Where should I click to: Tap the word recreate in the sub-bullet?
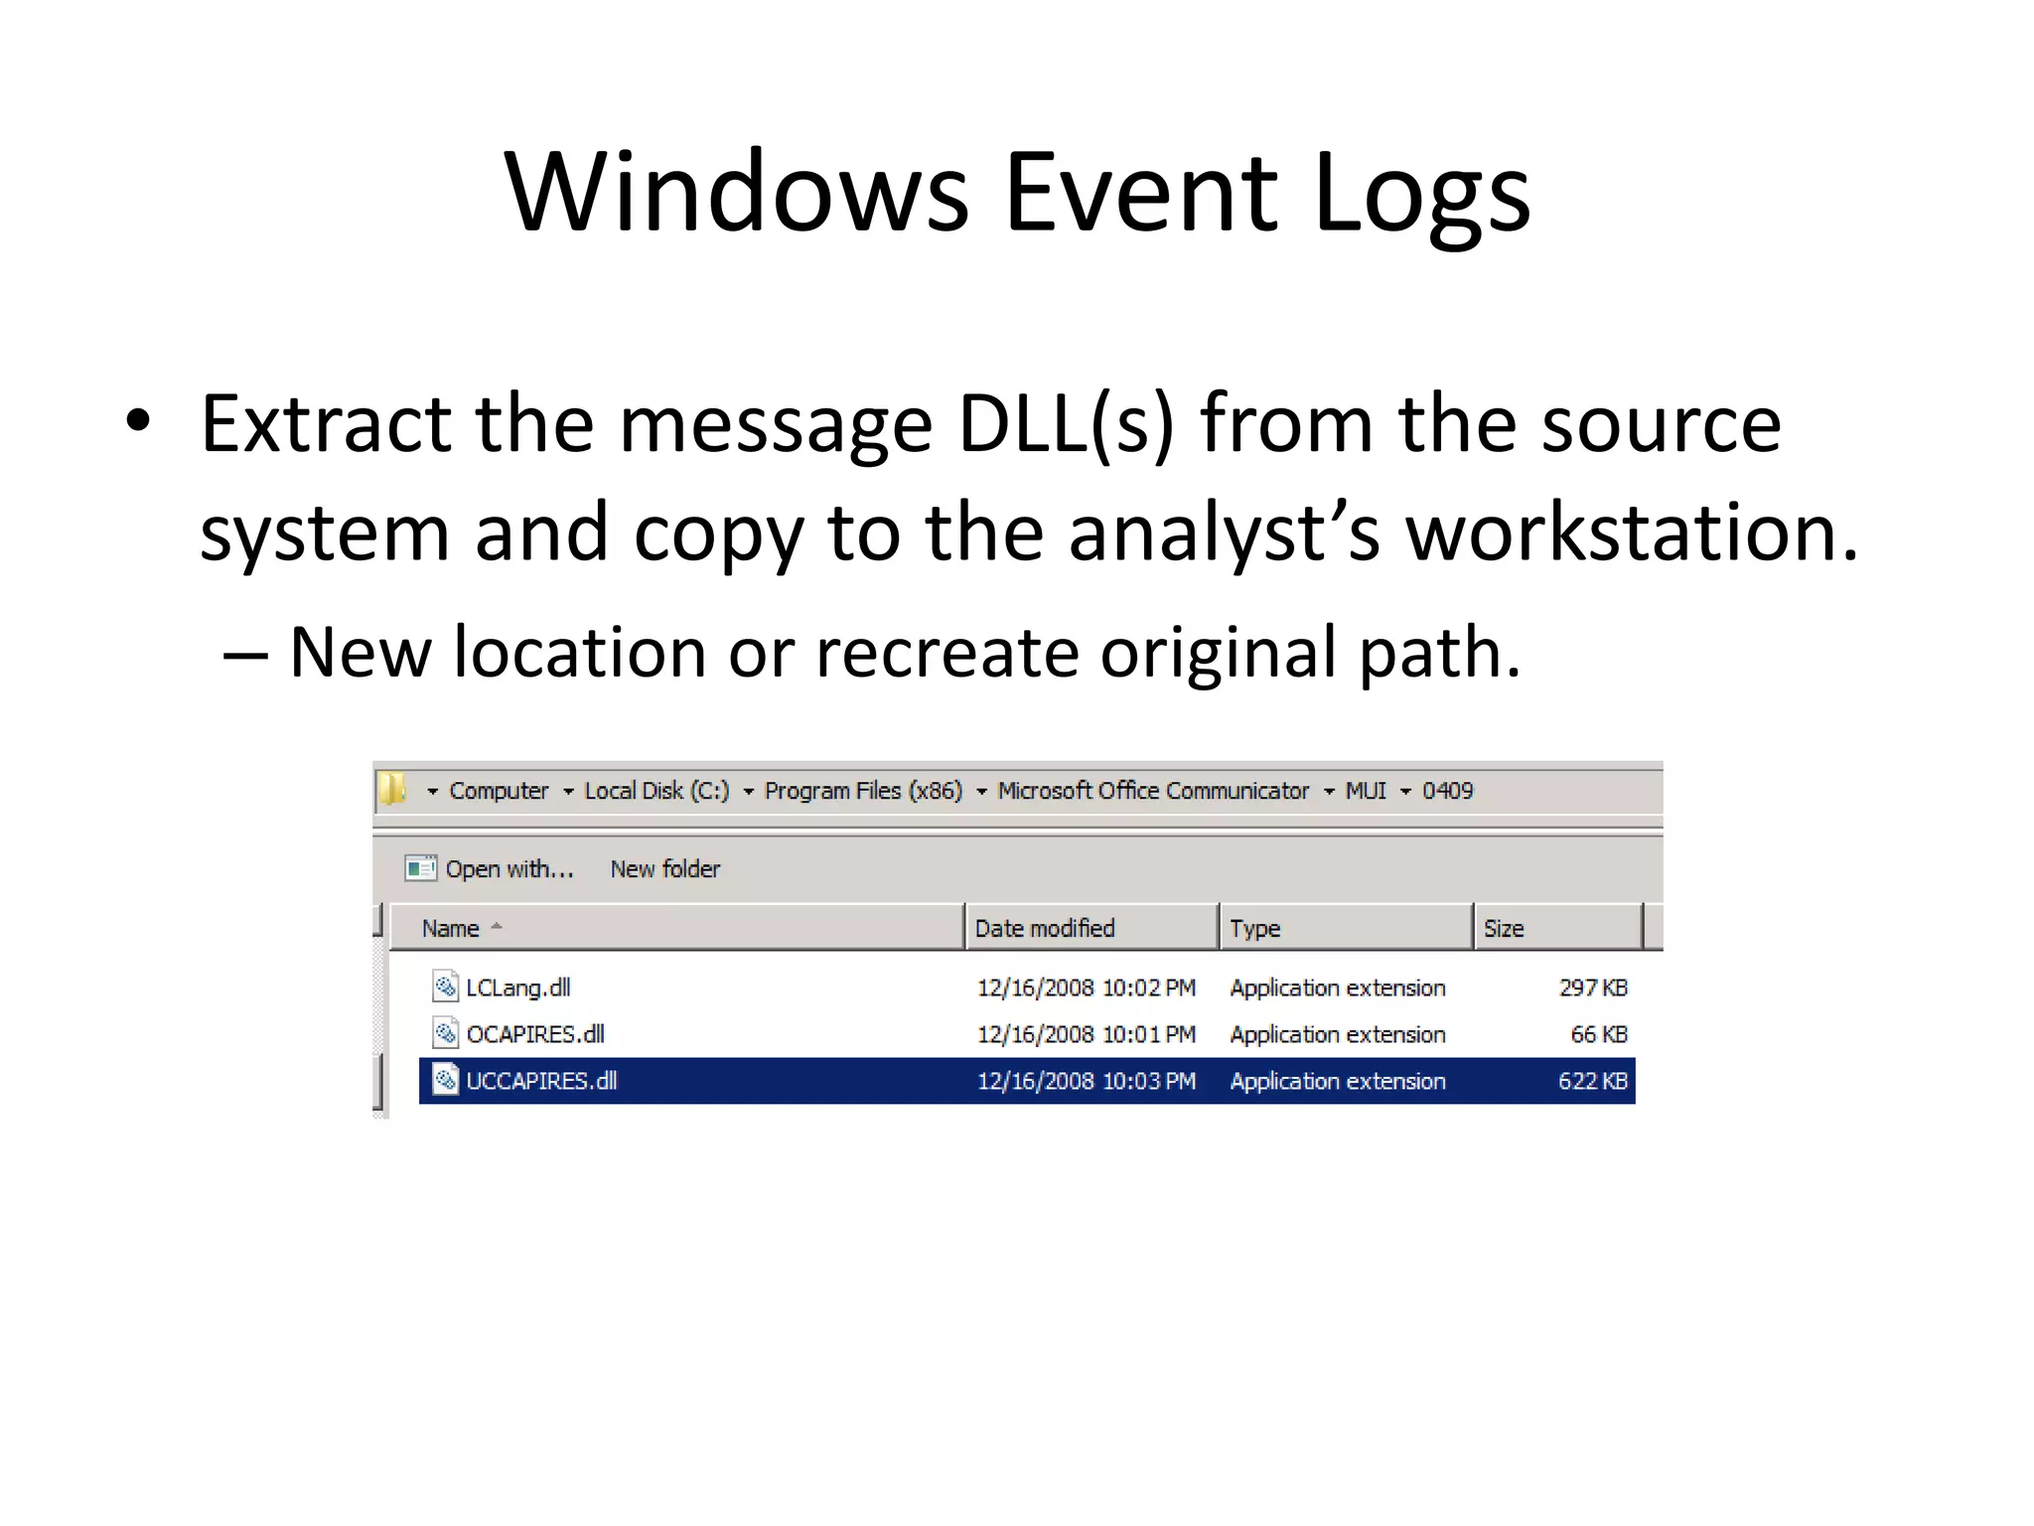pyautogui.click(x=946, y=654)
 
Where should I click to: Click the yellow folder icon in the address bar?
pyautogui.click(x=393, y=790)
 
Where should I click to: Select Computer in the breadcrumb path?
pyautogui.click(x=499, y=791)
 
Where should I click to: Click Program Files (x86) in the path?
pyautogui.click(x=863, y=791)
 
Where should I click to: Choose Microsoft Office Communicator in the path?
pyautogui.click(x=1153, y=791)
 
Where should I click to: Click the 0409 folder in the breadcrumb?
pyautogui.click(x=1447, y=791)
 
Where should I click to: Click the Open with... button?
pyautogui.click(x=491, y=869)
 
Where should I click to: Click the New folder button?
pyautogui.click(x=664, y=869)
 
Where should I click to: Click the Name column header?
pyautogui.click(x=451, y=929)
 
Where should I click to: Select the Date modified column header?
pyautogui.click(x=1045, y=929)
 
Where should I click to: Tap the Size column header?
pyautogui.click(x=1503, y=929)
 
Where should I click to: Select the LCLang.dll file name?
pyautogui.click(x=517, y=988)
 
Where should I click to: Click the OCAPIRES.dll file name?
pyautogui.click(x=534, y=1034)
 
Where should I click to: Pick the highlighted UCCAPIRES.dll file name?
pyautogui.click(x=541, y=1081)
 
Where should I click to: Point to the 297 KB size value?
pyautogui.click(x=1592, y=988)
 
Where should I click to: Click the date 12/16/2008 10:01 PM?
pyautogui.click(x=1086, y=1034)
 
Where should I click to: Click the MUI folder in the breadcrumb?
pyautogui.click(x=1366, y=791)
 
